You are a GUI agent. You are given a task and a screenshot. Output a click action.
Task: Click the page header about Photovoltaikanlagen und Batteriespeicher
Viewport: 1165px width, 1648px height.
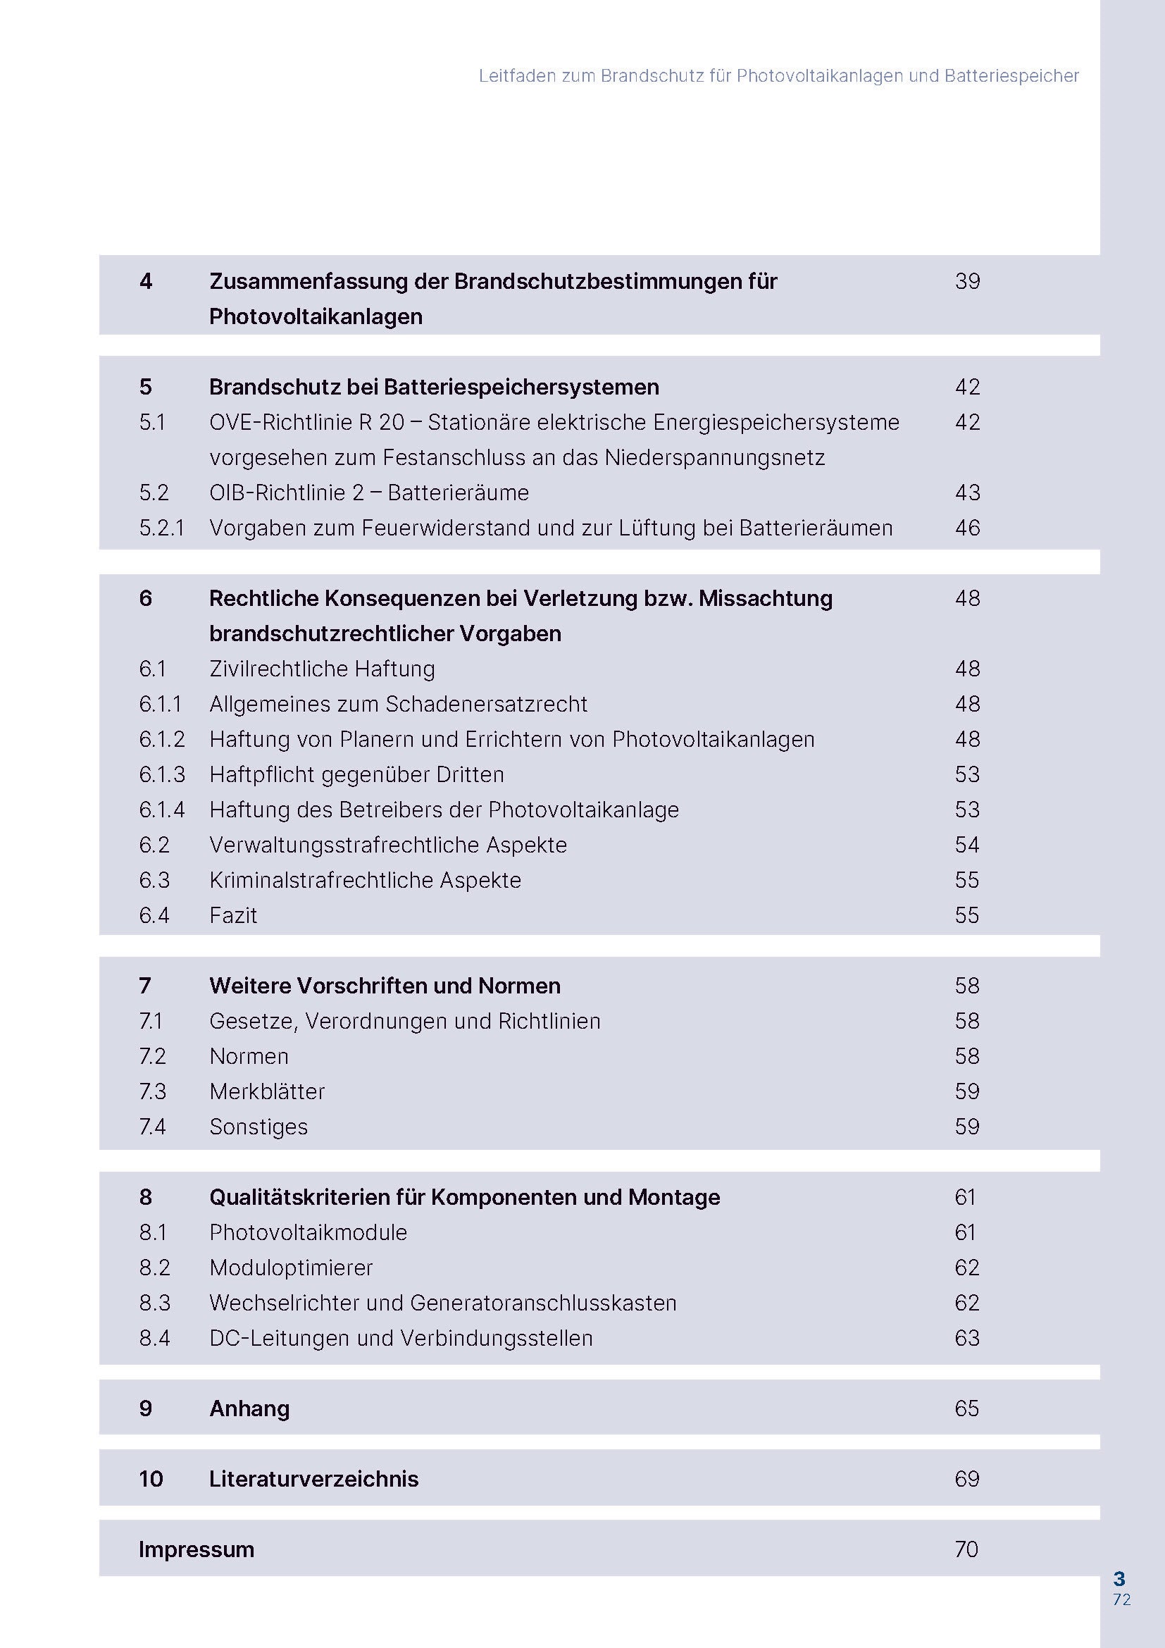[778, 75]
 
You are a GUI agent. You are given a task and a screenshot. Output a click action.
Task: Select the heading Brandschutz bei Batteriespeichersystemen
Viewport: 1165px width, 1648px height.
[433, 387]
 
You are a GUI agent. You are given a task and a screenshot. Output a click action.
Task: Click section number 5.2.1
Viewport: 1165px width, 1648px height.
[161, 528]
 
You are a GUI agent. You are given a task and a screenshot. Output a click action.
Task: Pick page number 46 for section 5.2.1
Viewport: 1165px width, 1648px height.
[967, 528]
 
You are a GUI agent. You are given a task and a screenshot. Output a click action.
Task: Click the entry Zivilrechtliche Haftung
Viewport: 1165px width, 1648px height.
[322, 668]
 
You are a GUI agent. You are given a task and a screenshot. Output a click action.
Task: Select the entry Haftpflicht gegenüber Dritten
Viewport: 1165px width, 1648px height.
[356, 774]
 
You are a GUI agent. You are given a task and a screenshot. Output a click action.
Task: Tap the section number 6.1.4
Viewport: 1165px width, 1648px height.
[161, 810]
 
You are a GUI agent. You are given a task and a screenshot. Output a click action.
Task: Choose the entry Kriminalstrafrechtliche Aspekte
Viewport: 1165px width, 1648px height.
[365, 880]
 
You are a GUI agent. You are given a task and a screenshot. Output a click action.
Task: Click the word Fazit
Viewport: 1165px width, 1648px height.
[233, 915]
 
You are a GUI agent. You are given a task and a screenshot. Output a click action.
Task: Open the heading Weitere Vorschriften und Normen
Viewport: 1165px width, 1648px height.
[385, 986]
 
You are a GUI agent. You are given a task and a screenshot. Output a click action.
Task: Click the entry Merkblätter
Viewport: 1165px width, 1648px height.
[267, 1091]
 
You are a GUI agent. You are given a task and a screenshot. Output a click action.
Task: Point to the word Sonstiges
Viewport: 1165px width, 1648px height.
[258, 1126]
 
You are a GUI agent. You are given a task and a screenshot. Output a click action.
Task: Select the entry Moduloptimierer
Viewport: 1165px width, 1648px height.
[290, 1268]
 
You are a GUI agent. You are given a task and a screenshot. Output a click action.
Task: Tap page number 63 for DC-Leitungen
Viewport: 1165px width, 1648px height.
[966, 1338]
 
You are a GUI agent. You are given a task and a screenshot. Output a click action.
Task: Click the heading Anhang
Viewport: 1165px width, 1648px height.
[249, 1408]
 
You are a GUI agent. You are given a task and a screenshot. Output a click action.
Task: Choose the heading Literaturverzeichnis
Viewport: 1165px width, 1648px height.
[313, 1479]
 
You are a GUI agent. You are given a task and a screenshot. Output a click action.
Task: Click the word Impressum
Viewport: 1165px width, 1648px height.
[197, 1549]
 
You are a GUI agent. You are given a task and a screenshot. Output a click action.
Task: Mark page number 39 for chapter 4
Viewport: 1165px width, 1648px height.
[967, 280]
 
